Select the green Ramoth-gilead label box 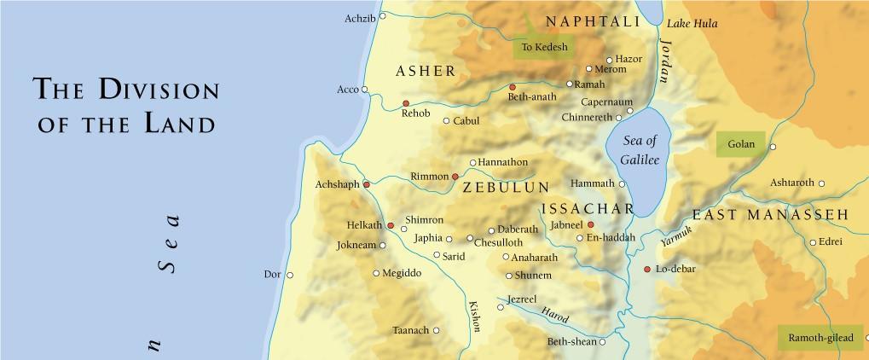(x=820, y=338)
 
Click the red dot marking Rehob (x=406, y=103)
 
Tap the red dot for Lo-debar (x=646, y=270)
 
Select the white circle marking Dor (x=290, y=275)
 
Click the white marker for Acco (x=364, y=89)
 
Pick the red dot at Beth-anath (x=513, y=87)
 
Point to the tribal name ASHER (x=426, y=71)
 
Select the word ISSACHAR (x=588, y=209)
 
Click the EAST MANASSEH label (x=769, y=215)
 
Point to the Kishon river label (x=474, y=316)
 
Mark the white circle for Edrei (x=813, y=241)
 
